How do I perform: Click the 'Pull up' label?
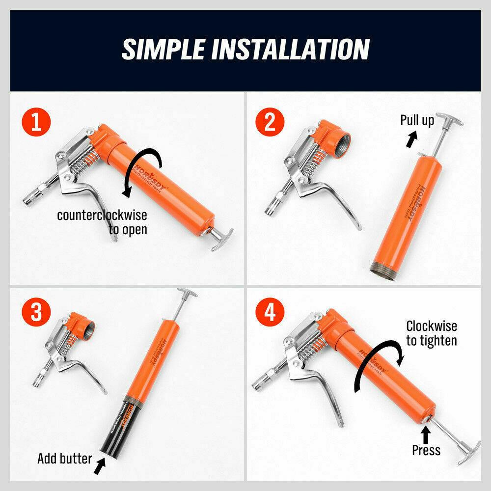coord(417,120)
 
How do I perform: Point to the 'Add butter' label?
coord(64,459)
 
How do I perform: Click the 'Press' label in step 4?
coord(426,450)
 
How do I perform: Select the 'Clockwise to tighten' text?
coord(431,333)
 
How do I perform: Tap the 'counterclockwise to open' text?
coord(102,222)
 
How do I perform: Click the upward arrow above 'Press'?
coord(426,433)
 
